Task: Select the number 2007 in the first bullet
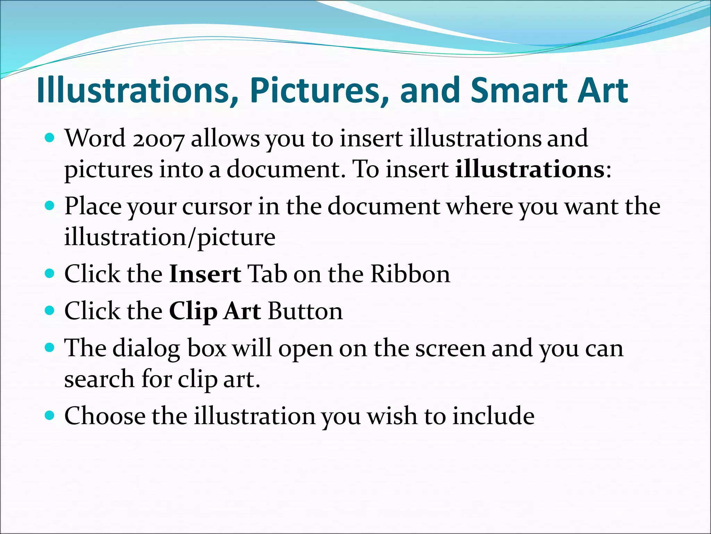(158, 139)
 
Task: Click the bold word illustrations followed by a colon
(530, 170)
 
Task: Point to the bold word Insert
(205, 274)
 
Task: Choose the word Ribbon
(410, 274)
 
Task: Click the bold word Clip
(193, 311)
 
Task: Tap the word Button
(305, 311)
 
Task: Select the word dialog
(146, 348)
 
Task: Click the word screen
(450, 348)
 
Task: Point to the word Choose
(105, 416)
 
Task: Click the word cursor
(217, 207)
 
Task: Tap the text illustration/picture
(170, 237)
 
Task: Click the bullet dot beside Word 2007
(50, 138)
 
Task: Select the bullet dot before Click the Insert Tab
(50, 274)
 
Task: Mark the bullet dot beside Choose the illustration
(50, 415)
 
